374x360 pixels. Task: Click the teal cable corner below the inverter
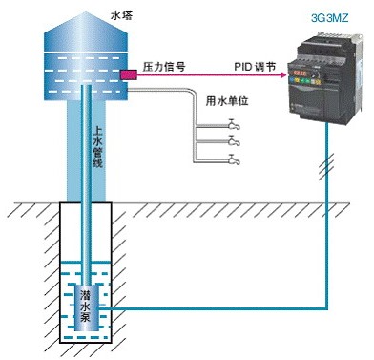point(327,307)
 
